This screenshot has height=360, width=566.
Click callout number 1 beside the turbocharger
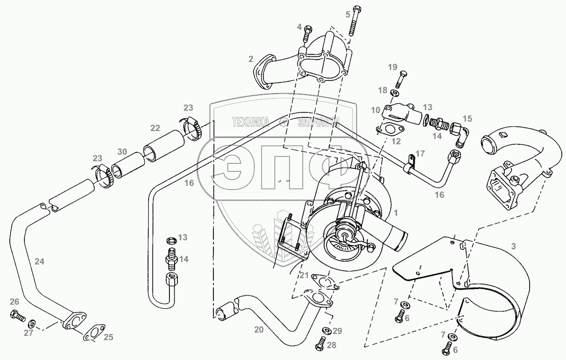[396, 212]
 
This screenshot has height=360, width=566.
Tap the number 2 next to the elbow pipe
[250, 59]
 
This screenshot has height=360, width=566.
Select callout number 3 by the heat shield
[513, 246]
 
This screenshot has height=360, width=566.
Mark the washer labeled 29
[326, 330]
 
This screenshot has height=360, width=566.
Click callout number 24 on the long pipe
[39, 261]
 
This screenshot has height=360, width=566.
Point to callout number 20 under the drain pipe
[258, 330]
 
